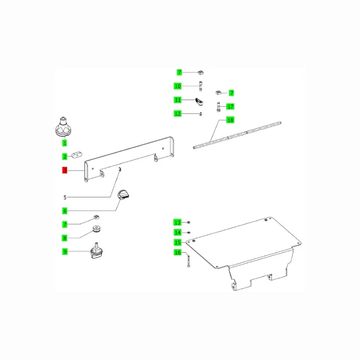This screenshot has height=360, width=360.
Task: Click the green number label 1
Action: pos(64,143)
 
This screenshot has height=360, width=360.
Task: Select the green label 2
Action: pos(64,157)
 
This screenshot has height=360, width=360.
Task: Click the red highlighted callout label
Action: pos(64,170)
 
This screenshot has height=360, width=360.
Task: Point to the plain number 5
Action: pos(65,197)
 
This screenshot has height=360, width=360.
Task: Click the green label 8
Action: pos(65,238)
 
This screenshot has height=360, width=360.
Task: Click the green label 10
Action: pos(178,86)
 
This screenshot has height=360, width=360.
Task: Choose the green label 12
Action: pos(178,114)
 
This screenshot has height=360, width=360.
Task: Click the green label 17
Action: pos(230,107)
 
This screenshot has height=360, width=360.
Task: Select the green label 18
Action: pos(230,120)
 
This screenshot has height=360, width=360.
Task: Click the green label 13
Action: pos(177,222)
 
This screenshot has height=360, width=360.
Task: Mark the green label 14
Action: pos(177,232)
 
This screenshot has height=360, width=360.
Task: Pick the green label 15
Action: pos(177,243)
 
